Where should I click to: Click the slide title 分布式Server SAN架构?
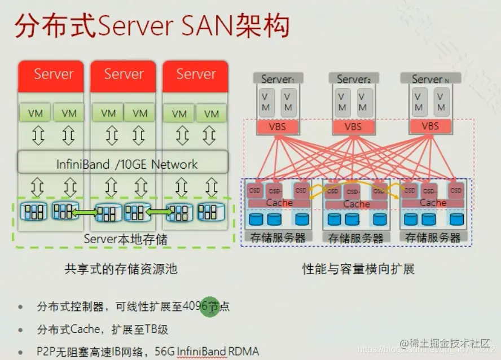152,27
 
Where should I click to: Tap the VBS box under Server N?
430,126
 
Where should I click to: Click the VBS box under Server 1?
277,126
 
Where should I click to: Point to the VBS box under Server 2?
353,126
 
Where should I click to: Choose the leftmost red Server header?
51,76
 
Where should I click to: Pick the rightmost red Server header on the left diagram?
195,76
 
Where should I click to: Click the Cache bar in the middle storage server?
356,204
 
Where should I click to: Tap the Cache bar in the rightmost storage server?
433,203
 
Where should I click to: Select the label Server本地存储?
125,239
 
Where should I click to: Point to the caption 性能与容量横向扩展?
358,269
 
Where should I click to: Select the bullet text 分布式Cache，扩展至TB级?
103,329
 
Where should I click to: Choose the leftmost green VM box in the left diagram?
36,112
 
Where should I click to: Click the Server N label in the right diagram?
430,80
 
